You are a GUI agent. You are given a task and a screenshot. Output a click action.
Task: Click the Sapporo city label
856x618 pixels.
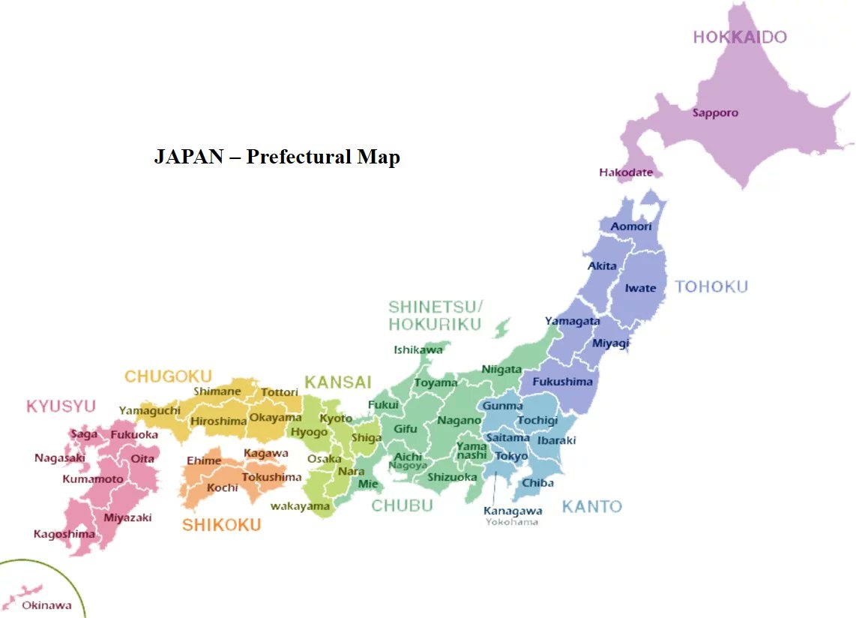(715, 113)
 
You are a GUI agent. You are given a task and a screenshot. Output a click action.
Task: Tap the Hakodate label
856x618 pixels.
(625, 172)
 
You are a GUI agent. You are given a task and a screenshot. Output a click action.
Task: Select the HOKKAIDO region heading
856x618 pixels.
(739, 37)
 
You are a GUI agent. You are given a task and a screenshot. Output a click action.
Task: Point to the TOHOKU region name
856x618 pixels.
(711, 286)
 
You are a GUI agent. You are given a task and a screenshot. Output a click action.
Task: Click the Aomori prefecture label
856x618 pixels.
(631, 226)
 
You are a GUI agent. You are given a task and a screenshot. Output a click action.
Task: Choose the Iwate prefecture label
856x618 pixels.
(640, 288)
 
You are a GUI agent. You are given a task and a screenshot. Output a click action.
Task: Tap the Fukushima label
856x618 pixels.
(562, 382)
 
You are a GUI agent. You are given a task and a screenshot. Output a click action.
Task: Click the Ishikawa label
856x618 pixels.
(418, 349)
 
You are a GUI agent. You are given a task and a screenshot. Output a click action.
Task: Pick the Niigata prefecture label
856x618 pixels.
(501, 370)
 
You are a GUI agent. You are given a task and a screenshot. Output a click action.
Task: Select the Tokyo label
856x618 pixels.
(512, 456)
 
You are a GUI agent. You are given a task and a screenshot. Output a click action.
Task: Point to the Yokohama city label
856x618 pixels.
(511, 522)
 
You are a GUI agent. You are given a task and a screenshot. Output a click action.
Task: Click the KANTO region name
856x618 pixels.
(592, 506)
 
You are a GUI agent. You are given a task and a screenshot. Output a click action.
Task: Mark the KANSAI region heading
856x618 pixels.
(338, 382)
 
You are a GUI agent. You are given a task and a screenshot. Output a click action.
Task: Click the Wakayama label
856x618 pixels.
(300, 506)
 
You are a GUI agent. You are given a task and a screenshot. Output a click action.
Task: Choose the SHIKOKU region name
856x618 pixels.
(222, 525)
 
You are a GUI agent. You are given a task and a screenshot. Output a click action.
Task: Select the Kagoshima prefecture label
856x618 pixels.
(64, 534)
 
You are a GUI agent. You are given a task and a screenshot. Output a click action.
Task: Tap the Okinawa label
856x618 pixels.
(46, 605)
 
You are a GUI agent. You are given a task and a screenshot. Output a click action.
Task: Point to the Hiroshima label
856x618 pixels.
(218, 421)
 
